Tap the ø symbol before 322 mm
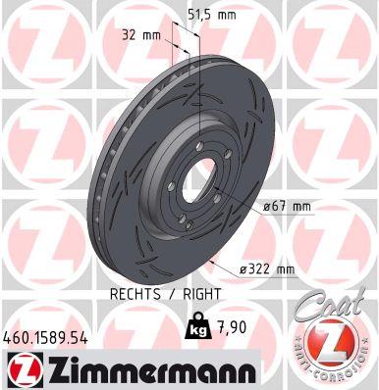[242, 269]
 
